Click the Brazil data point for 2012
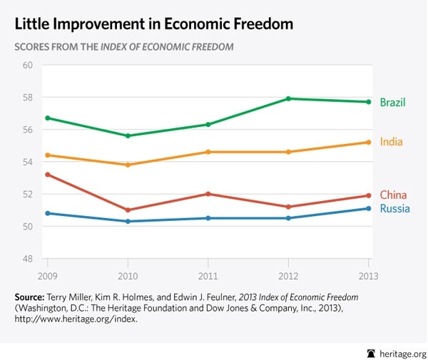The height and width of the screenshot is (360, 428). [288, 98]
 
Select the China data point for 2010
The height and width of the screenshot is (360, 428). [128, 210]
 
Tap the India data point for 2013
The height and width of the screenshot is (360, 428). [369, 142]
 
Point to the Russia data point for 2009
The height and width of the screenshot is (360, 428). [47, 213]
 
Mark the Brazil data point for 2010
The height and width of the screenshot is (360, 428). [128, 135]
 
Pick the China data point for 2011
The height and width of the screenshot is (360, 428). [208, 194]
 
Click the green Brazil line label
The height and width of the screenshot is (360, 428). [392, 103]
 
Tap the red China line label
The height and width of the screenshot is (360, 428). [393, 195]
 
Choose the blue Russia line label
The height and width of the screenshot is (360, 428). [394, 209]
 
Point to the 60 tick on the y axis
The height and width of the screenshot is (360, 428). [28, 66]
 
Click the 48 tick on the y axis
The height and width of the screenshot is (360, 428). [28, 259]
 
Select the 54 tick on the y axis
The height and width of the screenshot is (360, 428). [28, 163]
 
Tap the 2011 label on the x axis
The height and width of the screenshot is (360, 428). [208, 275]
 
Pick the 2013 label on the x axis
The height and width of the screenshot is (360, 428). [368, 275]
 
